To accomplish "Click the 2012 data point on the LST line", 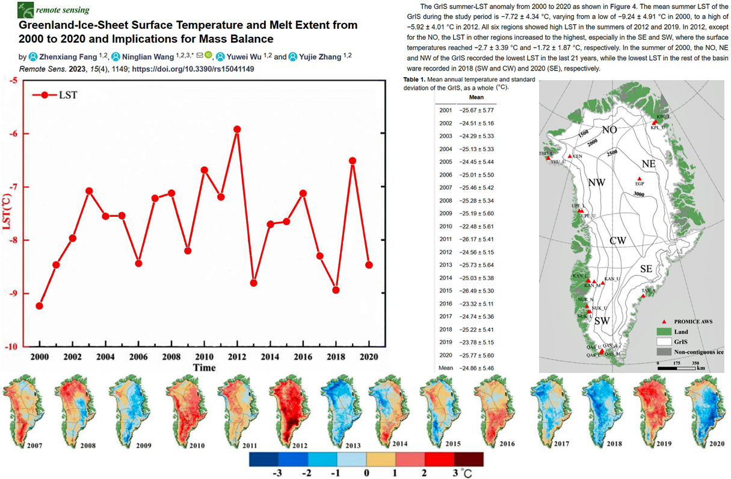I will [237, 129].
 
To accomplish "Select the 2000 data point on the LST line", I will [39, 305].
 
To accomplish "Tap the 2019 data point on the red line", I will [353, 160].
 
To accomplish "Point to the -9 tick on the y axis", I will [12, 293].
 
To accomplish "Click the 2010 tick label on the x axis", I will [204, 357].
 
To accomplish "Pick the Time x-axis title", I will [204, 367].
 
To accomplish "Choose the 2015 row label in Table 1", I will [445, 290].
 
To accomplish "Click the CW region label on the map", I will [618, 240].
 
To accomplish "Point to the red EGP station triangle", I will [639, 178].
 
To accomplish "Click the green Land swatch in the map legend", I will [664, 331].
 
